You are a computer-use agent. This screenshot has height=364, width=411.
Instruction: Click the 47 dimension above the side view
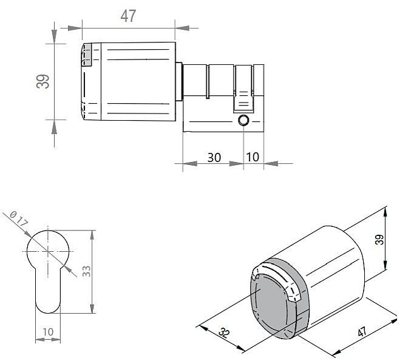point(128,16)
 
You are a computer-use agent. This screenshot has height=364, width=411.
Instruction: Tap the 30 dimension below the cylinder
point(214,157)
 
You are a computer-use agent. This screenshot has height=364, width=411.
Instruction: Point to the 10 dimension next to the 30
point(253,157)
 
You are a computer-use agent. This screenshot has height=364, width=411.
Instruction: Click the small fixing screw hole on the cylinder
point(244,120)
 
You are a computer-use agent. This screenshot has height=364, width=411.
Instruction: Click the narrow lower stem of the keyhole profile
point(48,291)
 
